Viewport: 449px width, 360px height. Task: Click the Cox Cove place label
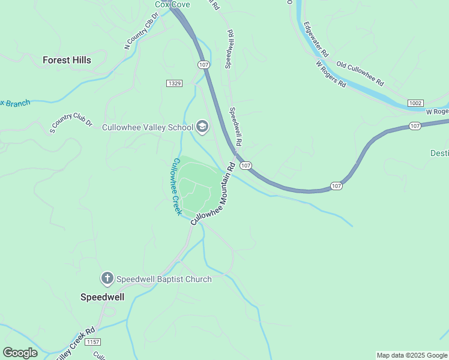pyautogui.click(x=172, y=4)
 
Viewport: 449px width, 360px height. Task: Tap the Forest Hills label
pyautogui.click(x=67, y=60)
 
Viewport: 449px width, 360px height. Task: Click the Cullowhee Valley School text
pyautogui.click(x=147, y=127)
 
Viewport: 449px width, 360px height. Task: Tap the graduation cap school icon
pyautogui.click(x=202, y=127)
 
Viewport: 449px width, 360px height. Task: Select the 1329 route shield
pyautogui.click(x=175, y=83)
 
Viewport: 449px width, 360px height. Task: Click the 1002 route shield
pyautogui.click(x=415, y=103)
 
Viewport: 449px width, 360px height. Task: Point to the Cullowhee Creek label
pyautogui.click(x=176, y=187)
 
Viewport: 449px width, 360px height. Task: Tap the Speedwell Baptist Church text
pyautogui.click(x=164, y=279)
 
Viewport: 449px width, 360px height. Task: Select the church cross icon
pyautogui.click(x=107, y=278)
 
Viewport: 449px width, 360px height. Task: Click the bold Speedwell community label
pyautogui.click(x=103, y=296)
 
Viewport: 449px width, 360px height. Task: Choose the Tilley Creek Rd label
pyautogui.click(x=75, y=344)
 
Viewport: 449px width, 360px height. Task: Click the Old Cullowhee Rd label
pyautogui.click(x=360, y=73)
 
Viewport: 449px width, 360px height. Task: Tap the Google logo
pyautogui.click(x=20, y=352)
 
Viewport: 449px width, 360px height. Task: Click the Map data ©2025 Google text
pyautogui.click(x=411, y=355)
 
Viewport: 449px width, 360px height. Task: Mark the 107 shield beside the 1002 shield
pyautogui.click(x=415, y=126)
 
